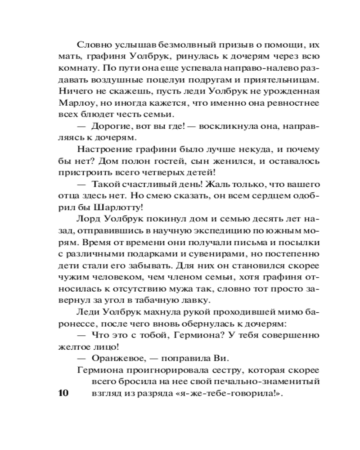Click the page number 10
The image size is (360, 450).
click(62, 393)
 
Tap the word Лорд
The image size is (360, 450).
click(89, 220)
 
